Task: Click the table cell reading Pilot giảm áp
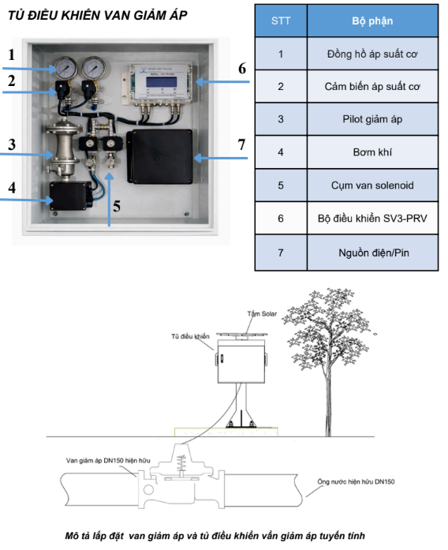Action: pyautogui.click(x=372, y=119)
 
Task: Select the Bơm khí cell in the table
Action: pyautogui.click(x=372, y=152)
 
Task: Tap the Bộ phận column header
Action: pyautogui.click(x=372, y=21)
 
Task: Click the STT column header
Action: pyautogui.click(x=281, y=21)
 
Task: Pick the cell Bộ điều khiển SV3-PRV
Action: pyautogui.click(x=372, y=219)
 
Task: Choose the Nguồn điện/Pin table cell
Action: pyautogui.click(x=372, y=253)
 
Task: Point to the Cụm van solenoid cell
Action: pyautogui.click(x=372, y=185)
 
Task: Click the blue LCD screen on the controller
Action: pyautogui.click(x=161, y=82)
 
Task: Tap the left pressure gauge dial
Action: pyautogui.click(x=65, y=68)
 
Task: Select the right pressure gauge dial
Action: pyautogui.click(x=94, y=68)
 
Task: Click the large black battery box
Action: pyautogui.click(x=160, y=157)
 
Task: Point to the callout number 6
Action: pyautogui.click(x=242, y=69)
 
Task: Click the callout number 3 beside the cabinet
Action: pyautogui.click(x=12, y=144)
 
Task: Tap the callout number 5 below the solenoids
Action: pyautogui.click(x=117, y=206)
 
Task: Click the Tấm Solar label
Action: pyautogui.click(x=262, y=313)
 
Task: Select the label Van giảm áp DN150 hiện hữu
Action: pyautogui.click(x=108, y=460)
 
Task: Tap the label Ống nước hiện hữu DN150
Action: pyautogui.click(x=356, y=481)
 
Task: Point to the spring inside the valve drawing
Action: pyautogui.click(x=181, y=464)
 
